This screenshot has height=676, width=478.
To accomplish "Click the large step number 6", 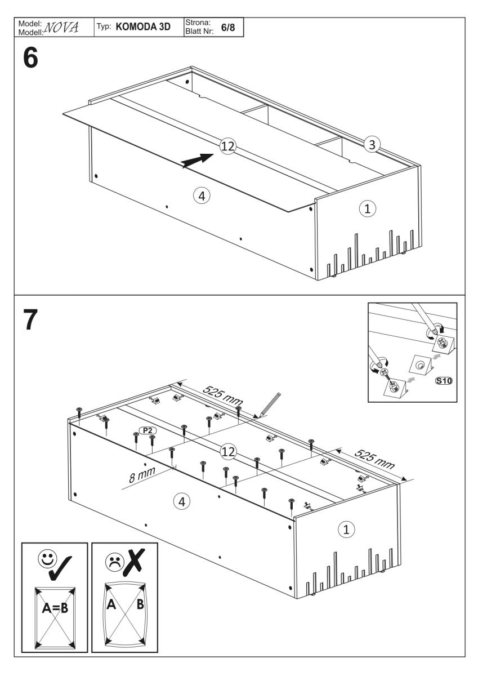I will [x=30, y=59].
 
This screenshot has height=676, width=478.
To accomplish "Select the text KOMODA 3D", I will [x=143, y=26].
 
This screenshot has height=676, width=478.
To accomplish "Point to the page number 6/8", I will [x=228, y=27].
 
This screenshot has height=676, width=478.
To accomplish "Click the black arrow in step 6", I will [x=196, y=159].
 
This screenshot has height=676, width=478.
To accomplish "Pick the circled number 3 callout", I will [x=370, y=144].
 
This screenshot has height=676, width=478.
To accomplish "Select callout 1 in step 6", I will [x=367, y=208].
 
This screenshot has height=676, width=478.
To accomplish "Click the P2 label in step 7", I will [x=149, y=430].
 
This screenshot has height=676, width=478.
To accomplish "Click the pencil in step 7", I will [x=269, y=403].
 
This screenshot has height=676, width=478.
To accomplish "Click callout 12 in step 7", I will [x=227, y=452].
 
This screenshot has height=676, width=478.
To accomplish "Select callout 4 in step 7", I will [x=181, y=500].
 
